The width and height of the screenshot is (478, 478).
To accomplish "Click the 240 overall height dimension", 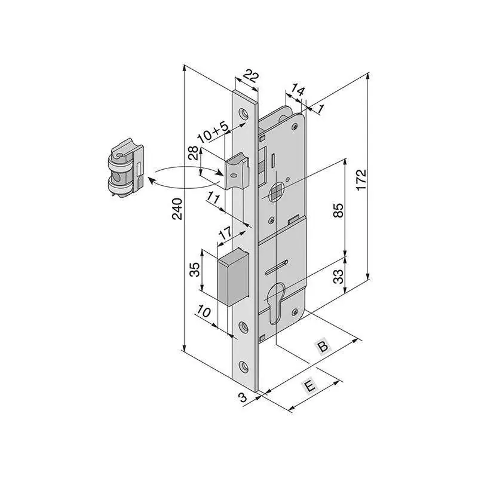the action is pos(177,209).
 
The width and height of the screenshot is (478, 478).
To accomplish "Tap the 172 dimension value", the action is pos(361,180).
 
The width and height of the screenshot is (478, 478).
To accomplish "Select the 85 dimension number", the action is pos(338,210).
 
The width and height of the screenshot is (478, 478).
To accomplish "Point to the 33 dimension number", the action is pos(338,277).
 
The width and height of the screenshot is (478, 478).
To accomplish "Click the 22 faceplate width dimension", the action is pos(251,77).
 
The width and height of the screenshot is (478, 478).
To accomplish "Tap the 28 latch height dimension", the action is pos(194,153).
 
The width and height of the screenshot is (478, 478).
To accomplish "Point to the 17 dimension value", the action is pos(226,233).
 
